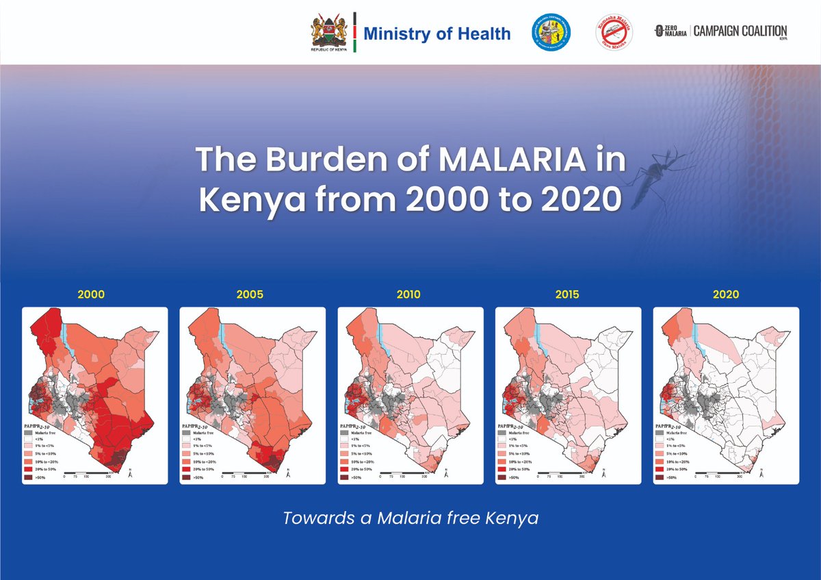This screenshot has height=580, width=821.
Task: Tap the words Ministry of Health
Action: pyautogui.click(x=436, y=34)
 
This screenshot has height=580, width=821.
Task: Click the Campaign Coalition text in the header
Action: pyautogui.click(x=741, y=31)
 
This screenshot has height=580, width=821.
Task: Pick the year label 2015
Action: pyautogui.click(x=568, y=295)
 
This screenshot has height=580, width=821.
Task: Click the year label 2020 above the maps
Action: pyautogui.click(x=725, y=295)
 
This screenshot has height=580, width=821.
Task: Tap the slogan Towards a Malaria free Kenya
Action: pyautogui.click(x=410, y=518)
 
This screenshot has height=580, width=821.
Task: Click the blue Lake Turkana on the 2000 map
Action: pyautogui.click(x=65, y=339)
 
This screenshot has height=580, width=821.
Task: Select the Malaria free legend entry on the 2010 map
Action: pyautogui.click(x=362, y=433)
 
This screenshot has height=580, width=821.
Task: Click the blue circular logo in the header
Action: pyautogui.click(x=553, y=32)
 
